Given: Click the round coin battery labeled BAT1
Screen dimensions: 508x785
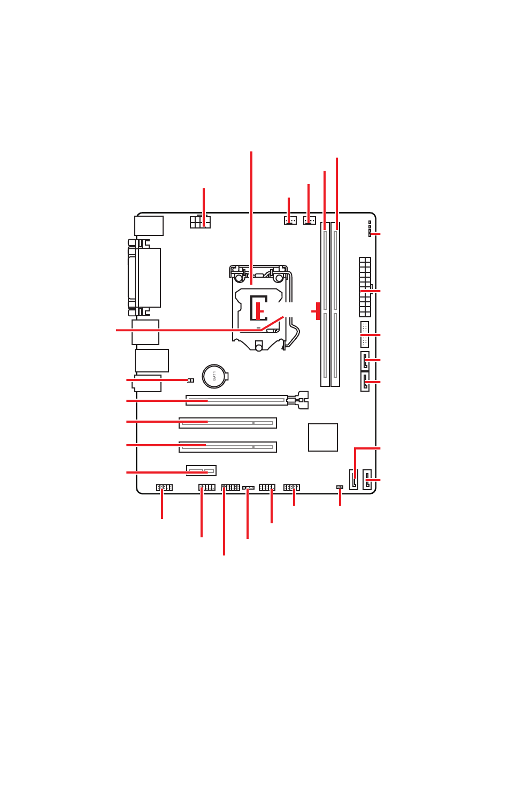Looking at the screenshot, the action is [214, 376].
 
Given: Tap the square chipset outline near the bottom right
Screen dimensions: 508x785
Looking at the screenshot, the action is [323, 437].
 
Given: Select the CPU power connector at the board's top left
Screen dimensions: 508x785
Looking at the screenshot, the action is [200, 222].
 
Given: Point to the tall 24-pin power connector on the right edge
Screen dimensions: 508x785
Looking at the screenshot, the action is [365, 287].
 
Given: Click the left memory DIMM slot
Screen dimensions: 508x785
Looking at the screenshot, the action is [325, 305].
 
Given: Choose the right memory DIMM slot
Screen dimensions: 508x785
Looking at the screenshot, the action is [335, 305].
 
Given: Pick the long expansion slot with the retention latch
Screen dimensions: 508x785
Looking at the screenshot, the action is [237, 400].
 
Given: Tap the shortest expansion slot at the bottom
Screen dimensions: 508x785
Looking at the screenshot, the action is [201, 470].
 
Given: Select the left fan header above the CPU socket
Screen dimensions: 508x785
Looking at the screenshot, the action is [290, 220].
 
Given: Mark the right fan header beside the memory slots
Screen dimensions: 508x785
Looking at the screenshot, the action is [310, 220].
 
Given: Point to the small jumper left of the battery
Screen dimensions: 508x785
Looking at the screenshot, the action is [191, 380].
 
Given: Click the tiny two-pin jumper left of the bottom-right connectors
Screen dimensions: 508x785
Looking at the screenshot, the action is [340, 487].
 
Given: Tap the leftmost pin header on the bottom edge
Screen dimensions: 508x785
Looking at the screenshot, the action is [164, 487].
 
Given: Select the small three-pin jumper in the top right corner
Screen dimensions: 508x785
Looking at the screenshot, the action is [370, 228].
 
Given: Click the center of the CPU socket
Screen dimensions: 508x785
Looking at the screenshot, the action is [259, 308].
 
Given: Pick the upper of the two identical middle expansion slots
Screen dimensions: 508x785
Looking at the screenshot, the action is [228, 423].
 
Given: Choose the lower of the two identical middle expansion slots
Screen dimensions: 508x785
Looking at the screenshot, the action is [228, 447].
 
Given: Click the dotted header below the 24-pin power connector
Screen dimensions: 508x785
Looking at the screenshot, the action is [365, 334].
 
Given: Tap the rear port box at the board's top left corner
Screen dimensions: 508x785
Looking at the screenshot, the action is [149, 226].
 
